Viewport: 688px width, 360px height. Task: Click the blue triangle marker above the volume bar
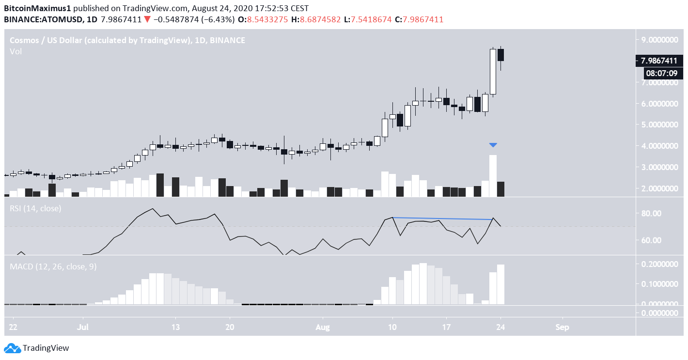(493, 145)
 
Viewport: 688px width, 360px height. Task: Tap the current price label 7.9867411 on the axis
(658, 61)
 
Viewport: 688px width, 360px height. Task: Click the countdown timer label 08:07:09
(662, 74)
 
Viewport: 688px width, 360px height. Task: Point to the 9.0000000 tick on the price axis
(658, 40)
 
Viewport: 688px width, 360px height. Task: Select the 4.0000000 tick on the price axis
(658, 146)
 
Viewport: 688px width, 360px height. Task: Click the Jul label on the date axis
(83, 327)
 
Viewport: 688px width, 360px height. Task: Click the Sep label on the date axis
(562, 327)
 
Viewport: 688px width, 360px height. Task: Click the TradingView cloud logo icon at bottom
(12, 348)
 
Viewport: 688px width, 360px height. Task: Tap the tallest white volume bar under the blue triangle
(493, 175)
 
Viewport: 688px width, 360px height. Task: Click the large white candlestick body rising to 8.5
(493, 71)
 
